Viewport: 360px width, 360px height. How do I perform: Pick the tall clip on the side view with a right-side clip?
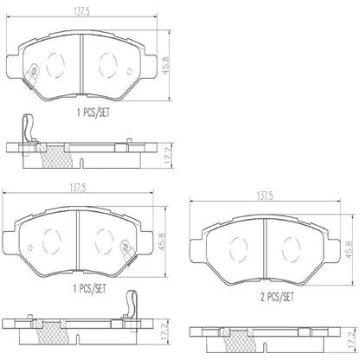coord(132,308)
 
